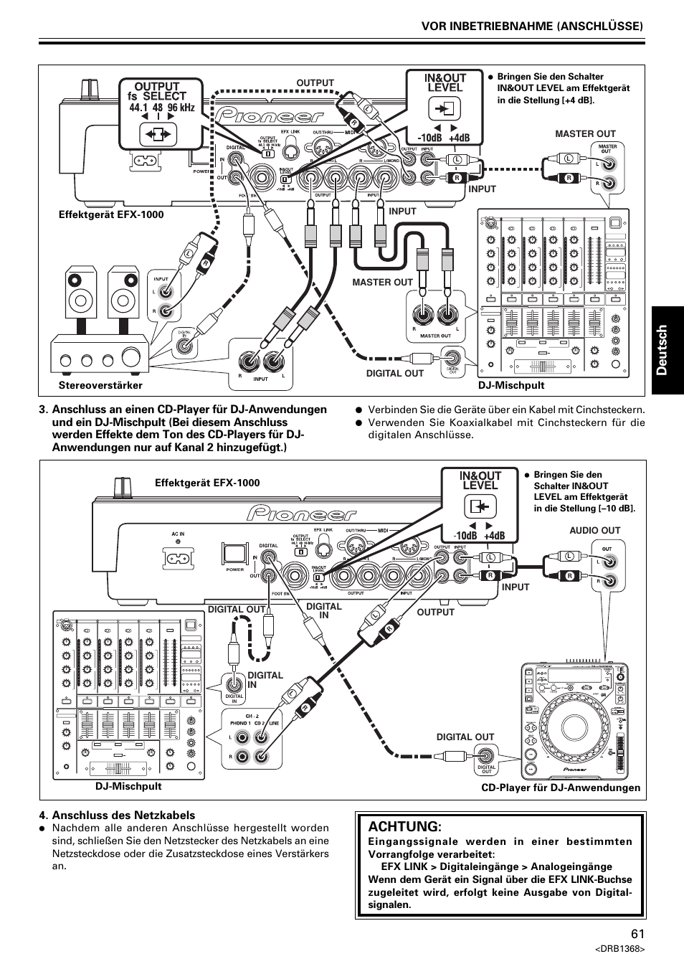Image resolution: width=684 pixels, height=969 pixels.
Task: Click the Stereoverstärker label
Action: (100, 386)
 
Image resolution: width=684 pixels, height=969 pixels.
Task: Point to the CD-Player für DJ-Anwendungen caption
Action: (560, 788)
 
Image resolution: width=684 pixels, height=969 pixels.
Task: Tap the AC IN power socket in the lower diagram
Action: (176, 558)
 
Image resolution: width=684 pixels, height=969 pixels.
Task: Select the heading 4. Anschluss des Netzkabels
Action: (118, 816)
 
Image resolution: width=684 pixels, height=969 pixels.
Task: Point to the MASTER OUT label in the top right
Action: (585, 134)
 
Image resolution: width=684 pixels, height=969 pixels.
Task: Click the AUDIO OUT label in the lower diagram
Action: (594, 531)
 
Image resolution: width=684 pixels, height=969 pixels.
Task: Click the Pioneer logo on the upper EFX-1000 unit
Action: (272, 115)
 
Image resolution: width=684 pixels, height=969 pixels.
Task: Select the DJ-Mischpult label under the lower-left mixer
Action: (128, 786)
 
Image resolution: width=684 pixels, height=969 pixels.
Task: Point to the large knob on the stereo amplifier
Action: (132, 356)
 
